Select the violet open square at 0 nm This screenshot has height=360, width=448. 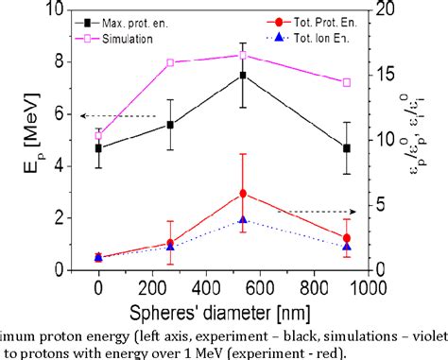(98, 135)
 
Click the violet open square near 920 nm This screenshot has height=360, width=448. (346, 83)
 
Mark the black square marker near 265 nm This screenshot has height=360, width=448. (170, 125)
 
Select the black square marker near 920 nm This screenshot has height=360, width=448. (346, 148)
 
